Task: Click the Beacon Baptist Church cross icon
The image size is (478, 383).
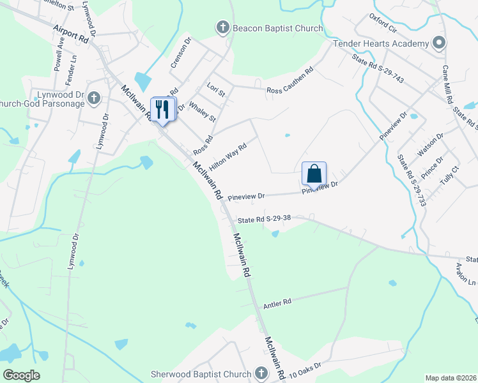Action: (222, 27)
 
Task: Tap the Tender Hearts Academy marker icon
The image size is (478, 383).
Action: (438, 43)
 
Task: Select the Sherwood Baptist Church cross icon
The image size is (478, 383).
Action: (261, 373)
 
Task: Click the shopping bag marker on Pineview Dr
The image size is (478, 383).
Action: (314, 174)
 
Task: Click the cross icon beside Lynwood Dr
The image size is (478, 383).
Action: (94, 98)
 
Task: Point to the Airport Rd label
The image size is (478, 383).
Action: (70, 34)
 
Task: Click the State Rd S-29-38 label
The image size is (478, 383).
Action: (265, 219)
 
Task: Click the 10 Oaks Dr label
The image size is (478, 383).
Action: (304, 369)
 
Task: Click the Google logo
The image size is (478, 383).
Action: (21, 375)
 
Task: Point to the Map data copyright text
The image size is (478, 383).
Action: (451, 378)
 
